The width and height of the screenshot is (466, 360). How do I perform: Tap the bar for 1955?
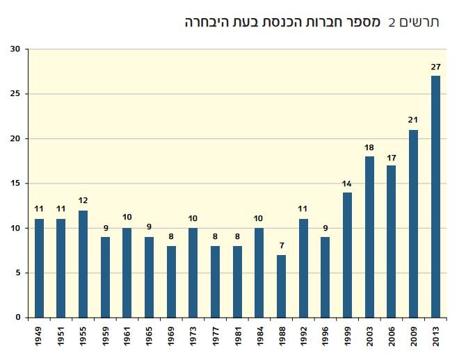pos(83,264)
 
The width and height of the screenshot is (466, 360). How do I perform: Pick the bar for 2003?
pos(369,237)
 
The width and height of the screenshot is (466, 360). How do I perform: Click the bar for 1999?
pos(347,255)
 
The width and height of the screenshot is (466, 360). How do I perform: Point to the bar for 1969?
pos(171,281)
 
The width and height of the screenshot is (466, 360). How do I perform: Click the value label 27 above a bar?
pos(435,67)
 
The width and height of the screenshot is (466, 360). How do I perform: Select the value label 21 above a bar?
pos(413,120)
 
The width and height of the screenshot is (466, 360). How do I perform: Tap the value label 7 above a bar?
pos(281,245)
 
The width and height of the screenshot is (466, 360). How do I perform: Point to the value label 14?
pos(347,183)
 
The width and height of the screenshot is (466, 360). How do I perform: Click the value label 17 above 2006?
pos(392,156)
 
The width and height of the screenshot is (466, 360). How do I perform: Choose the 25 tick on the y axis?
pos(15,94)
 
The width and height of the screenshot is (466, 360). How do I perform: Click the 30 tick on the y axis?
pos(15,49)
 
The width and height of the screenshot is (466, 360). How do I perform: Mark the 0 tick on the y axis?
pos(19,318)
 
